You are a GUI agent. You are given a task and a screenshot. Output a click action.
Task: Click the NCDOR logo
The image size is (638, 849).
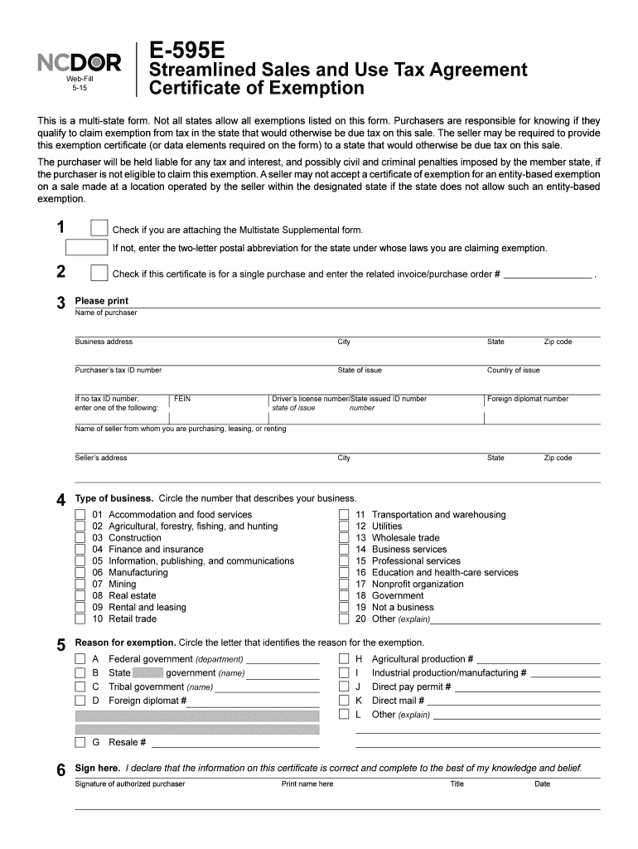click(80, 62)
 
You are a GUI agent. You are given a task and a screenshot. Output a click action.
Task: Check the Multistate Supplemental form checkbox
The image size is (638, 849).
click(99, 229)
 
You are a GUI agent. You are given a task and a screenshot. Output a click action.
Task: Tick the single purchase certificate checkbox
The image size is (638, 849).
click(99, 274)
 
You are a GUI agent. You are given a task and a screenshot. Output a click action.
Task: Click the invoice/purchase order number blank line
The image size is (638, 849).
click(549, 274)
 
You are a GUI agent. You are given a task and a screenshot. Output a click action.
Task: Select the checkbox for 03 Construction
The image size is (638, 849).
click(80, 538)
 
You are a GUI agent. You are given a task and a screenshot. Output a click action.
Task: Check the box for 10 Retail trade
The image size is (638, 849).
click(80, 619)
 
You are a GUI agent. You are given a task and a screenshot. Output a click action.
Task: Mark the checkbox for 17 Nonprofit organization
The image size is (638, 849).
click(344, 585)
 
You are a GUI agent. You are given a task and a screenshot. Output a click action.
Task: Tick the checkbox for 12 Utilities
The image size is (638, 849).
click(344, 526)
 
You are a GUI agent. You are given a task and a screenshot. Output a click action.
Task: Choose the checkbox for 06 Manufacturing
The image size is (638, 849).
click(80, 573)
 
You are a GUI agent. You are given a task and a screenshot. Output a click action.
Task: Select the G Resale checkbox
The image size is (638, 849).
click(80, 742)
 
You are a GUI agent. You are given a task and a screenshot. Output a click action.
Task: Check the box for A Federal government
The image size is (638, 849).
click(80, 659)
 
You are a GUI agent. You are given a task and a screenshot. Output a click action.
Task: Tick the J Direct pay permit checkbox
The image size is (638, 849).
click(344, 686)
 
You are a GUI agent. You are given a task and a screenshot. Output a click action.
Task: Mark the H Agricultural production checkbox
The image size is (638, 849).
click(344, 659)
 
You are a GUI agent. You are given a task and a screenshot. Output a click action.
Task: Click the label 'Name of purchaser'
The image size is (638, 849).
click(106, 313)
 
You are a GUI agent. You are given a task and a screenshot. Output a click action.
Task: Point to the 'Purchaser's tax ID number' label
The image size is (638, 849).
click(118, 371)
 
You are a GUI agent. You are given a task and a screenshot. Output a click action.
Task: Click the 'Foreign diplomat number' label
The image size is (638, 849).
click(528, 399)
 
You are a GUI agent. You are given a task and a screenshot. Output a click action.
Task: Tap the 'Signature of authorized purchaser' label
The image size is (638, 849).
click(130, 784)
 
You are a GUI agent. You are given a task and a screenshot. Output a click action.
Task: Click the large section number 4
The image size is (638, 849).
click(60, 500)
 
